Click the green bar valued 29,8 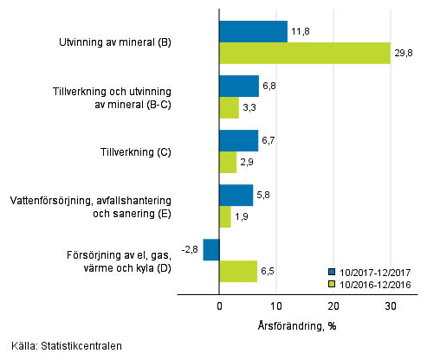(x=304, y=54)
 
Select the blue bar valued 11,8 (x=253, y=32)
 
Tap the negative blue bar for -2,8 (x=211, y=249)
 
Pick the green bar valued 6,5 (x=238, y=272)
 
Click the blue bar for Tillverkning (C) (x=238, y=141)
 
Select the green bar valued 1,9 (x=225, y=217)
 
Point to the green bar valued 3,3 (x=229, y=108)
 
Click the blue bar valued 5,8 (x=236, y=196)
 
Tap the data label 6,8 (x=268, y=87)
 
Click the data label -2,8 (x=191, y=249)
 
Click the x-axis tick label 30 (x=390, y=306)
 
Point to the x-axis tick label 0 (x=219, y=306)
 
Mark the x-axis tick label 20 (x=333, y=306)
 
